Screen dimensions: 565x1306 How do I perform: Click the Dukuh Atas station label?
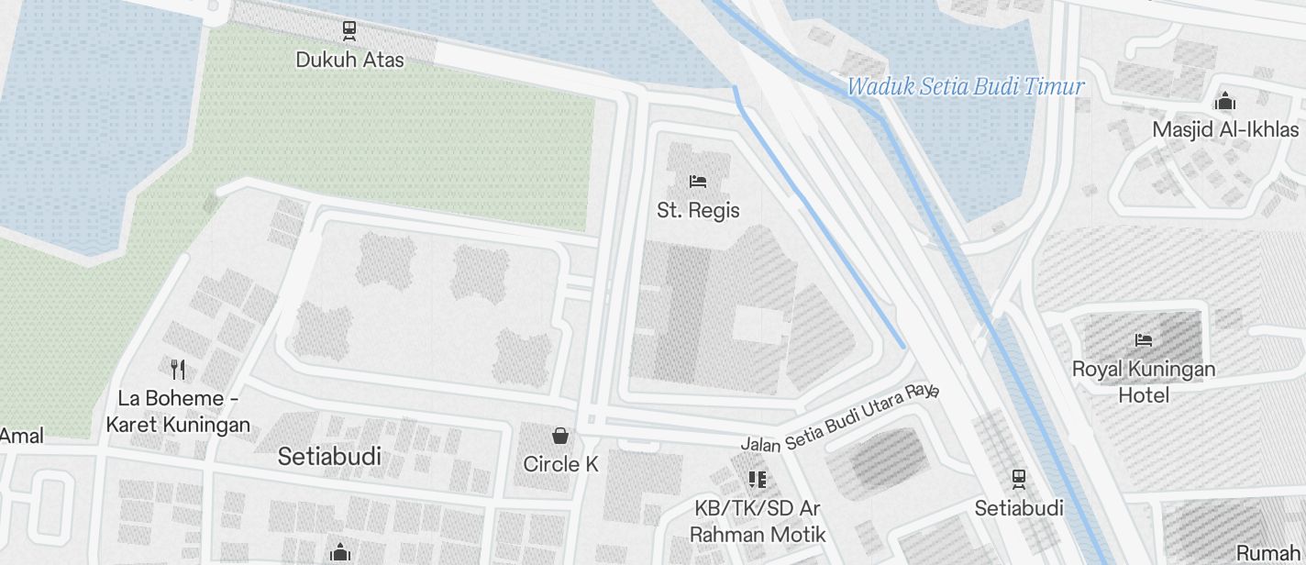tap(349, 61)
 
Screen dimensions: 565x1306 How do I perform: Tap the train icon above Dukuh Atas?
tap(349, 30)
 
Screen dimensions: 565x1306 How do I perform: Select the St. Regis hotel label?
tap(698, 211)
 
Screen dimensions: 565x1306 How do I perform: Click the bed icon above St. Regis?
tap(698, 181)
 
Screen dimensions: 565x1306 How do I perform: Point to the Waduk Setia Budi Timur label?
tap(965, 87)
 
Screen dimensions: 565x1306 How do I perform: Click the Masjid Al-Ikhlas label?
tap(1225, 130)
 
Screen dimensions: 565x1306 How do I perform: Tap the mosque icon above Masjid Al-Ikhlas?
tap(1225, 101)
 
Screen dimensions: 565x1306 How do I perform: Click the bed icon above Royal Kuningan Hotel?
tap(1143, 340)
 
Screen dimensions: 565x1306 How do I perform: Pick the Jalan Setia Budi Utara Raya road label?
tap(840, 418)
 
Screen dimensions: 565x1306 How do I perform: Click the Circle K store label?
tap(560, 465)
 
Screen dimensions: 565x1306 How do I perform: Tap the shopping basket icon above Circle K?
tap(560, 436)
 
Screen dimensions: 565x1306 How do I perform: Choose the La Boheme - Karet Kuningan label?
tap(178, 412)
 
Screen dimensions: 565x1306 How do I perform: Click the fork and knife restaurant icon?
tap(178, 370)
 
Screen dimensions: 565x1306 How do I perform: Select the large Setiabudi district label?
tap(329, 457)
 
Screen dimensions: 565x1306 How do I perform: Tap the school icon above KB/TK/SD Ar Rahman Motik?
tap(758, 479)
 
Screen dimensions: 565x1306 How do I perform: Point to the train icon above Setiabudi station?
tap(1018, 479)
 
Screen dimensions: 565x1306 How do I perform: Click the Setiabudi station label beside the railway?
tap(1018, 508)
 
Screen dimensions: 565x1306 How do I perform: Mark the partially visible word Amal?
tap(21, 437)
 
